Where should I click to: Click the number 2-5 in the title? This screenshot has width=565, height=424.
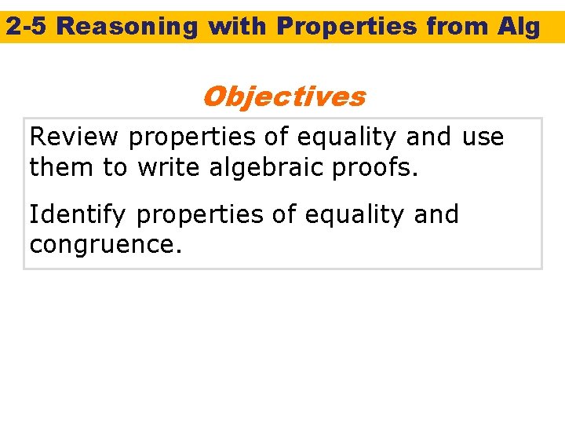point(27,27)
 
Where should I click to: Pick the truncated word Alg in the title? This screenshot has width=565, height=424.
point(519,27)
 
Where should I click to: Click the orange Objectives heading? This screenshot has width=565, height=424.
point(283,97)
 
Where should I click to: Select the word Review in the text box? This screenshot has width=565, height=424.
point(75,137)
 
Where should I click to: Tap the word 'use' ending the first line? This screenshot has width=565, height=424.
point(483,137)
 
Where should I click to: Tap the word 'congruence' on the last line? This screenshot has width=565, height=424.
point(105,243)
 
